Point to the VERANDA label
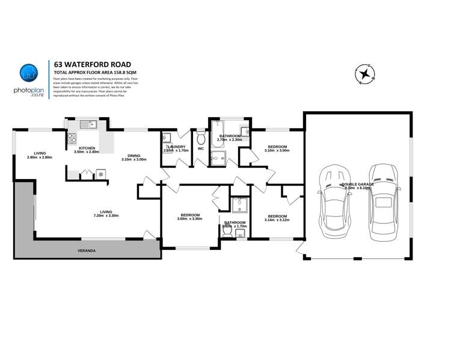[x=87, y=249]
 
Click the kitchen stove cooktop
[x=72, y=139]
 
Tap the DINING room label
[x=133, y=154]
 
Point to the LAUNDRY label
[x=176, y=147]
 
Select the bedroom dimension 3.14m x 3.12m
[x=277, y=220]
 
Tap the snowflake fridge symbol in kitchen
[x=100, y=174]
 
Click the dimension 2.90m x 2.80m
[x=40, y=157]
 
